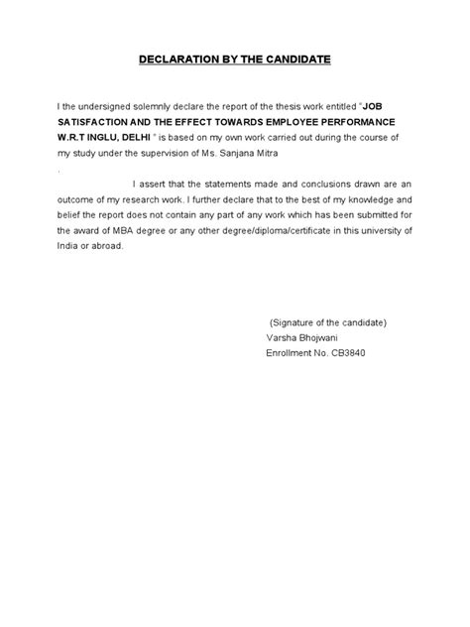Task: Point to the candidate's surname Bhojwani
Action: click(314, 337)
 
